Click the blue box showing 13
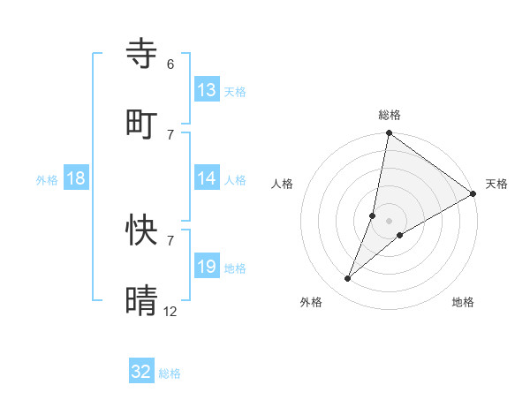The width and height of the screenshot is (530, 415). [207, 90]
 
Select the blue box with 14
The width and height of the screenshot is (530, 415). [207, 179]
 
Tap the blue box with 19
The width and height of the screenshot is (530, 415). [207, 267]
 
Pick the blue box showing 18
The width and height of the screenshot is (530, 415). [76, 179]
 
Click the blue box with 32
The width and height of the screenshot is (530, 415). [141, 373]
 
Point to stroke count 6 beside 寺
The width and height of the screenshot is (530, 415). [170, 64]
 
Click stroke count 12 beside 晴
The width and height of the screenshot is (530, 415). [170, 310]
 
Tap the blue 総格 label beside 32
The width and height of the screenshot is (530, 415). [170, 373]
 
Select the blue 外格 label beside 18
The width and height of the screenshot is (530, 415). [47, 180]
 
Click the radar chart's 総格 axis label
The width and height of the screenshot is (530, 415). [390, 115]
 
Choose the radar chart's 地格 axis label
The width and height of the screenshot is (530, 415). [463, 302]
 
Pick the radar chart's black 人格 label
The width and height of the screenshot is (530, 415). [283, 184]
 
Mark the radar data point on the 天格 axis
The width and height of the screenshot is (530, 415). [473, 194]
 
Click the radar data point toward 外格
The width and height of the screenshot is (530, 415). [348, 279]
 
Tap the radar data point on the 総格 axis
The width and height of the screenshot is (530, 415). [389, 134]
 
